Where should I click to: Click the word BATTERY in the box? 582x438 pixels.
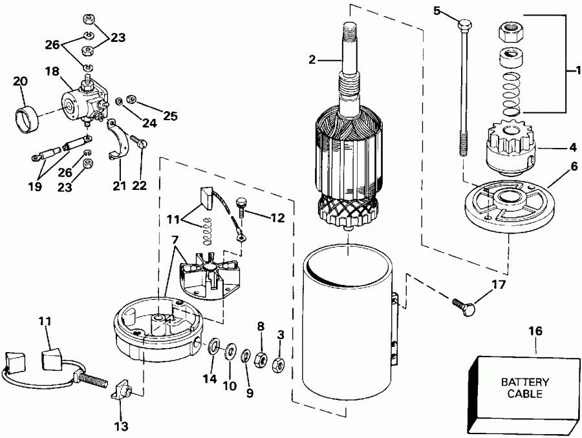point(524,382)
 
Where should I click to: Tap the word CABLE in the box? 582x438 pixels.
point(524,393)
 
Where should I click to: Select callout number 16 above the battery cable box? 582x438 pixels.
point(537,331)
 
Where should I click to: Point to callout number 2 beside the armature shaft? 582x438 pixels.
point(312,59)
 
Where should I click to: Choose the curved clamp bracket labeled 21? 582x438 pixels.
point(119,141)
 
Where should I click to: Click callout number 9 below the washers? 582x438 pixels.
point(247,392)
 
